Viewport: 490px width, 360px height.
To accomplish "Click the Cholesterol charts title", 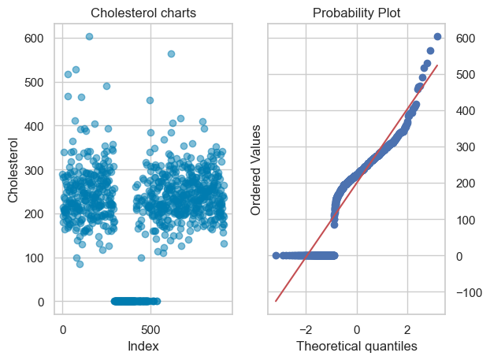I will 144,13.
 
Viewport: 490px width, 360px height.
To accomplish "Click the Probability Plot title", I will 356,13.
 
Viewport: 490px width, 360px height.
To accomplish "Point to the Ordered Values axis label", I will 256,169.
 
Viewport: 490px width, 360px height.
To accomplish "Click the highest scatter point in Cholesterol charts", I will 89,36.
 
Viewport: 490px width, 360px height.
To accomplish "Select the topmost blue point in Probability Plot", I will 437,36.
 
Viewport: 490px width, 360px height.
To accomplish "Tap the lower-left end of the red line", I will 276,301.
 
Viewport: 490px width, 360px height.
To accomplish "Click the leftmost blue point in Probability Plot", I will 276,255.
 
